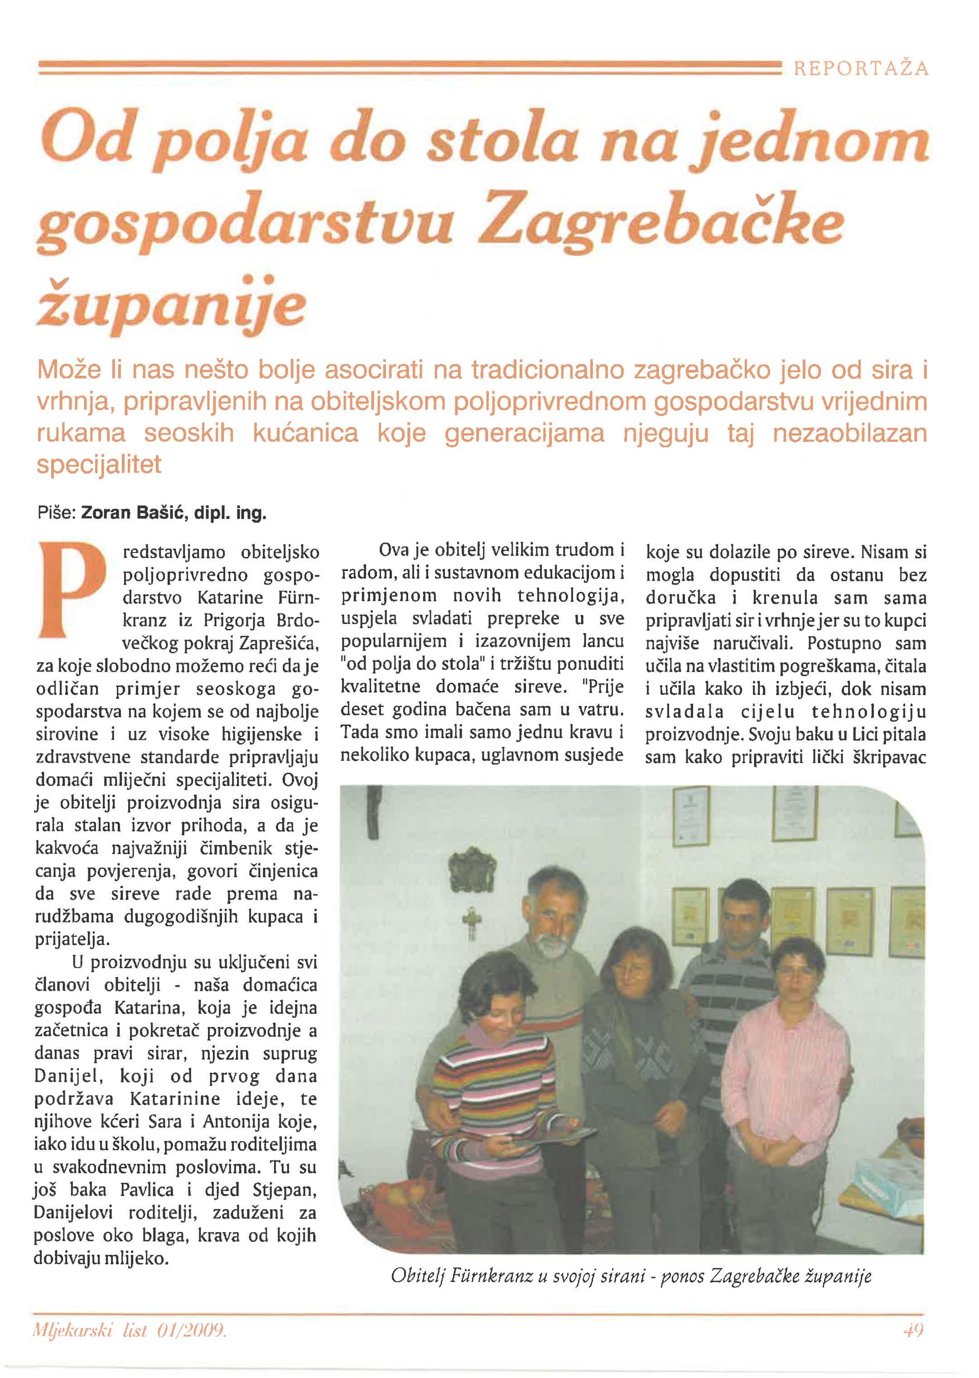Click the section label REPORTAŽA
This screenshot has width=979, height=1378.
click(x=861, y=69)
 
